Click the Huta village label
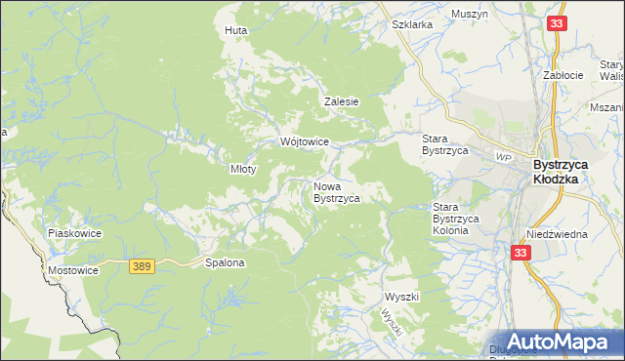(235, 30)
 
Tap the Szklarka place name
(411, 25)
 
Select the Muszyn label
(470, 15)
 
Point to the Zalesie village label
(343, 101)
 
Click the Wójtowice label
(304, 141)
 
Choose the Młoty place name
(242, 169)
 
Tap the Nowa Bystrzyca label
(337, 191)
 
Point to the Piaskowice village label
(75, 234)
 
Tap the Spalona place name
(224, 262)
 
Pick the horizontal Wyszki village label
(401, 296)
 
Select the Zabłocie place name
(563, 75)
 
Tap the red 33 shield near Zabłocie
(557, 23)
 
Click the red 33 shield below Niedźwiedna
(520, 252)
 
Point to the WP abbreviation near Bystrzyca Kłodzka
(504, 157)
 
